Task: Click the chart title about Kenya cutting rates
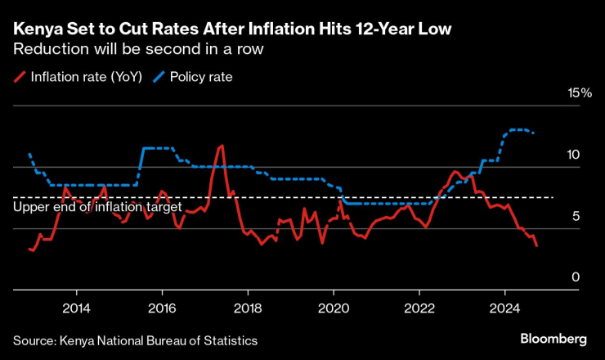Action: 232,30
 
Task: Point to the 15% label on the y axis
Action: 579,93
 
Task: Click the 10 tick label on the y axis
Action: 574,155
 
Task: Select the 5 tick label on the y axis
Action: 575,216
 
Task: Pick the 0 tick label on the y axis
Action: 575,277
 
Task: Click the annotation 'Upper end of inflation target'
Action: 97,208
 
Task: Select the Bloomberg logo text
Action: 553,339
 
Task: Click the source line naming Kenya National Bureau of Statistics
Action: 135,340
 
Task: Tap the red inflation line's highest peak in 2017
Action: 221,146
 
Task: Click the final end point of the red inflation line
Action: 536,245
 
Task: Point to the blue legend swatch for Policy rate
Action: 158,78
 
